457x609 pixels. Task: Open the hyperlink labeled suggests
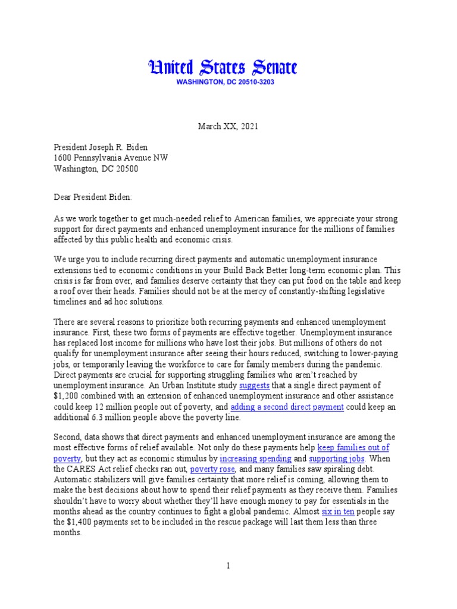tap(255, 385)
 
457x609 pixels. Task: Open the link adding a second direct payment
tap(287, 407)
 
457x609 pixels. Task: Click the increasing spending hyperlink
tap(255, 459)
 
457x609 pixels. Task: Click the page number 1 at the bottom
tap(228, 566)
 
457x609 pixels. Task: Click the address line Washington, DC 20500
tap(97, 168)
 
